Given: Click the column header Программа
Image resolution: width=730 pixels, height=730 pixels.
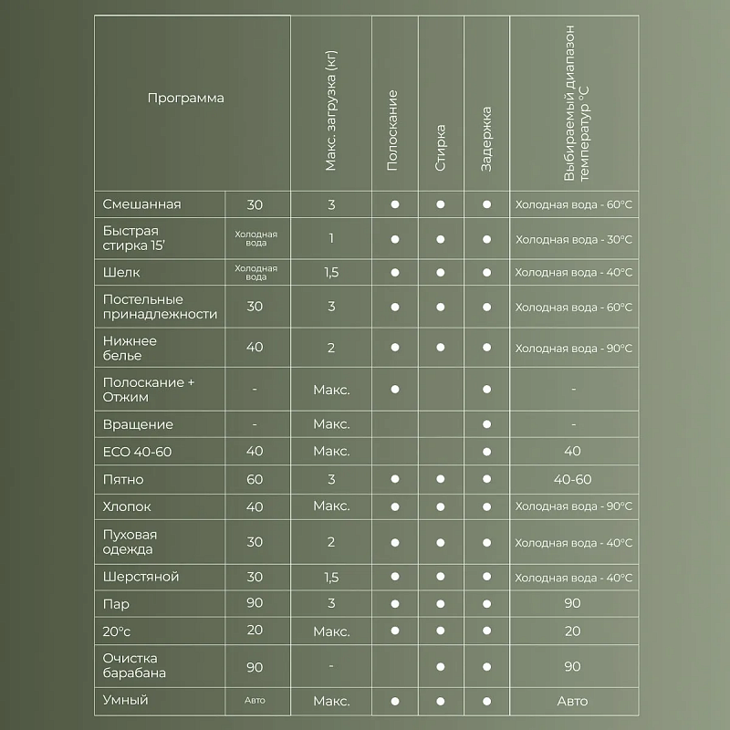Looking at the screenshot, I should coord(185,99).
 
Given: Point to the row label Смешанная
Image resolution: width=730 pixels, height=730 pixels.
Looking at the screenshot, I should coord(142,204).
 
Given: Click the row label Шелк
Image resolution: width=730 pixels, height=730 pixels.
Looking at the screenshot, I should coord(122,272).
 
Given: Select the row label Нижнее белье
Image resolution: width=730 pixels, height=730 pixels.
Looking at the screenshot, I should coord(130,348).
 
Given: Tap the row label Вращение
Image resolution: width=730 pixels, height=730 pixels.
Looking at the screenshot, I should coord(138,424).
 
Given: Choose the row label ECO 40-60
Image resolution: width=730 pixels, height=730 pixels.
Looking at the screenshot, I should coord(138,452).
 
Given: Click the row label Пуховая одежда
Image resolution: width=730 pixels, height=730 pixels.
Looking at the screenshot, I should coord(130,542).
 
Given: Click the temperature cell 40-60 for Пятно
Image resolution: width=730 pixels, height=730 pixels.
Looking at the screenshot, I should coord(572,479).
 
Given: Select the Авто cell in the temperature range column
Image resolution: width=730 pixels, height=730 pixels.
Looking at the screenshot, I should coord(572,701).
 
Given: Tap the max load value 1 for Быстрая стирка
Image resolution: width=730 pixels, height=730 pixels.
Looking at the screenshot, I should coord(331,239).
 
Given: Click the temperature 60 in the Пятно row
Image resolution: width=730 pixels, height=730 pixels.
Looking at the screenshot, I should coord(255,479).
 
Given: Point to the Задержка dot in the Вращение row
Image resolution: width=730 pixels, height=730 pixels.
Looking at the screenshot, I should coord(486,424).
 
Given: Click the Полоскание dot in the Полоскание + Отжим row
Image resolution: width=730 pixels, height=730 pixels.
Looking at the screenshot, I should coord(395,389).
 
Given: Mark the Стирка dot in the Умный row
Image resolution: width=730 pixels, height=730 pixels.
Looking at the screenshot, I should coord(440,701).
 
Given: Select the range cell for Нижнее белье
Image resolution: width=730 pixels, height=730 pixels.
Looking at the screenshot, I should coord(573,348).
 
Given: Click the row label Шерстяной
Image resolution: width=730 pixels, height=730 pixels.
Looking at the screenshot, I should coord(141,578).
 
